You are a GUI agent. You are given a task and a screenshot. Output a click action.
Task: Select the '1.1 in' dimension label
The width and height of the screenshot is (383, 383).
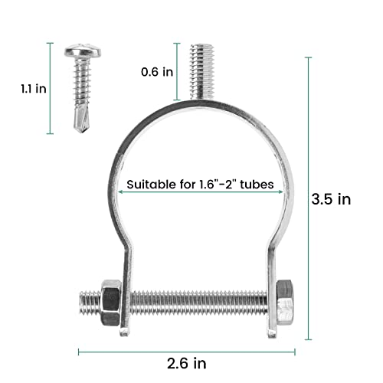(x=34, y=88)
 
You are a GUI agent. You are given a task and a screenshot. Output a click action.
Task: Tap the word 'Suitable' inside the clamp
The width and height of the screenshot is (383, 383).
(x=150, y=185)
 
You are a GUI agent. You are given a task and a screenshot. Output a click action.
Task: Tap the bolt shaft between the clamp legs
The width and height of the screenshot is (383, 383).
(x=195, y=305)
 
